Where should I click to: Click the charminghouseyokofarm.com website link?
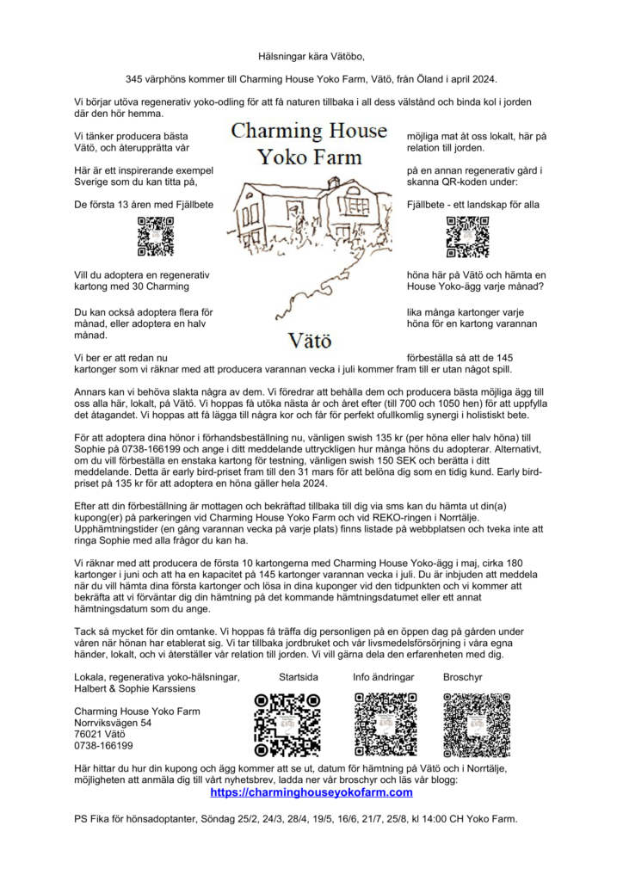pos(311,792)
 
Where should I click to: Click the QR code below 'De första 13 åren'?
pos(156,237)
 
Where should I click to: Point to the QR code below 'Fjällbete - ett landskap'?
pos(467,237)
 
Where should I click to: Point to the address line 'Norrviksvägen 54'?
pos(112,724)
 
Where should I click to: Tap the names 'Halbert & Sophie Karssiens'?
pos(134,689)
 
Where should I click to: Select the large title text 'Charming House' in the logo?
pos(310,132)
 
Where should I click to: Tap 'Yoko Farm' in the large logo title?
pos(310,157)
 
